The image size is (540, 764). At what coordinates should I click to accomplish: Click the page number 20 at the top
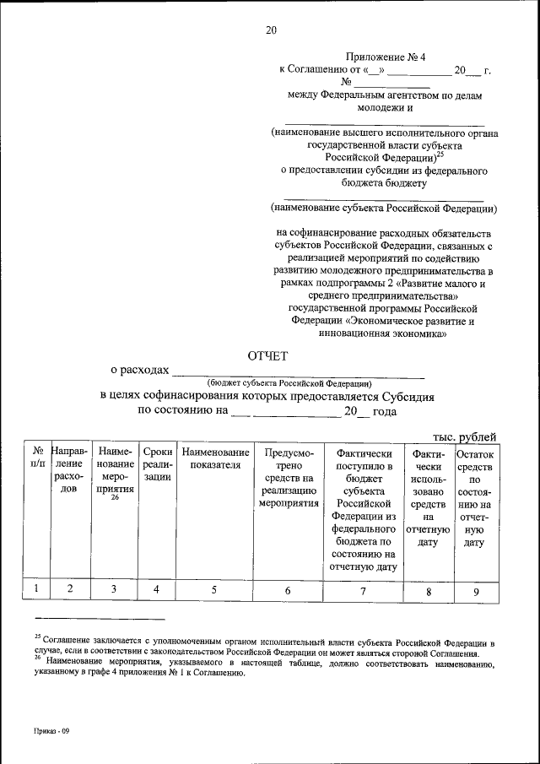(x=271, y=30)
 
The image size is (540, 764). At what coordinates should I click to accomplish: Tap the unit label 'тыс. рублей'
(x=463, y=436)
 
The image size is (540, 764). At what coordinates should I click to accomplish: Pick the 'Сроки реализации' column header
(x=158, y=464)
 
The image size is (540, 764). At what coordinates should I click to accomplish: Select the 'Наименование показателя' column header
(x=214, y=458)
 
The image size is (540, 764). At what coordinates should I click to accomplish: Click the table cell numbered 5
(x=214, y=590)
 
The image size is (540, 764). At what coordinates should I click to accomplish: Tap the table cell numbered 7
(x=363, y=591)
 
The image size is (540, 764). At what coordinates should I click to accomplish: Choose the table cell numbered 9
(x=476, y=592)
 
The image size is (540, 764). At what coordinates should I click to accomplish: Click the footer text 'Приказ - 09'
(x=51, y=731)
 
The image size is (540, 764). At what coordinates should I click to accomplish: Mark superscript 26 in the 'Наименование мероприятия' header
(x=114, y=498)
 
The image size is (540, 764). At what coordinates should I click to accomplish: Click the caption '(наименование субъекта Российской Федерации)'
(x=384, y=207)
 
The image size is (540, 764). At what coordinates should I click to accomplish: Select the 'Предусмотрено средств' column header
(x=288, y=477)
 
